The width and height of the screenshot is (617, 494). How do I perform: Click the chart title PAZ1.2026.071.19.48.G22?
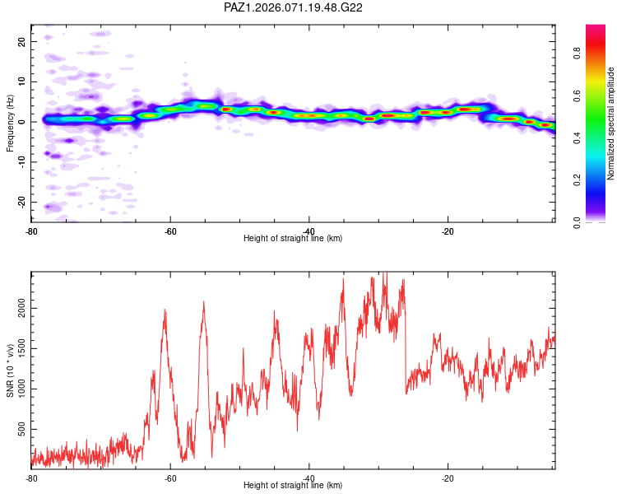294,7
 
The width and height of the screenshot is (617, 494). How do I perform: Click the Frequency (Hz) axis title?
11,123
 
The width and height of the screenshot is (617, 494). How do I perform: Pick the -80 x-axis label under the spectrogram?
31,231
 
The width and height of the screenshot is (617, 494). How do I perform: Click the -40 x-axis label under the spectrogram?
308,231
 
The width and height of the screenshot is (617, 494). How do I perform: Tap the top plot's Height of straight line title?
293,239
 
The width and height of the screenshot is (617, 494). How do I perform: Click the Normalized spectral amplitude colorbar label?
610,123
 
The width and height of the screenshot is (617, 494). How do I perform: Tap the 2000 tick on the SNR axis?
19,308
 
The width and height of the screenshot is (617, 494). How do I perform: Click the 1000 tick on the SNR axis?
19,389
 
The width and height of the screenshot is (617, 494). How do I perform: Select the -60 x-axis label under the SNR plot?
169,478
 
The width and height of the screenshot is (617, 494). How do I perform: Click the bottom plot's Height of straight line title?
293,486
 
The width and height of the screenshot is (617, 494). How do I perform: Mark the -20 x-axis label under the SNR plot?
448,478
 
